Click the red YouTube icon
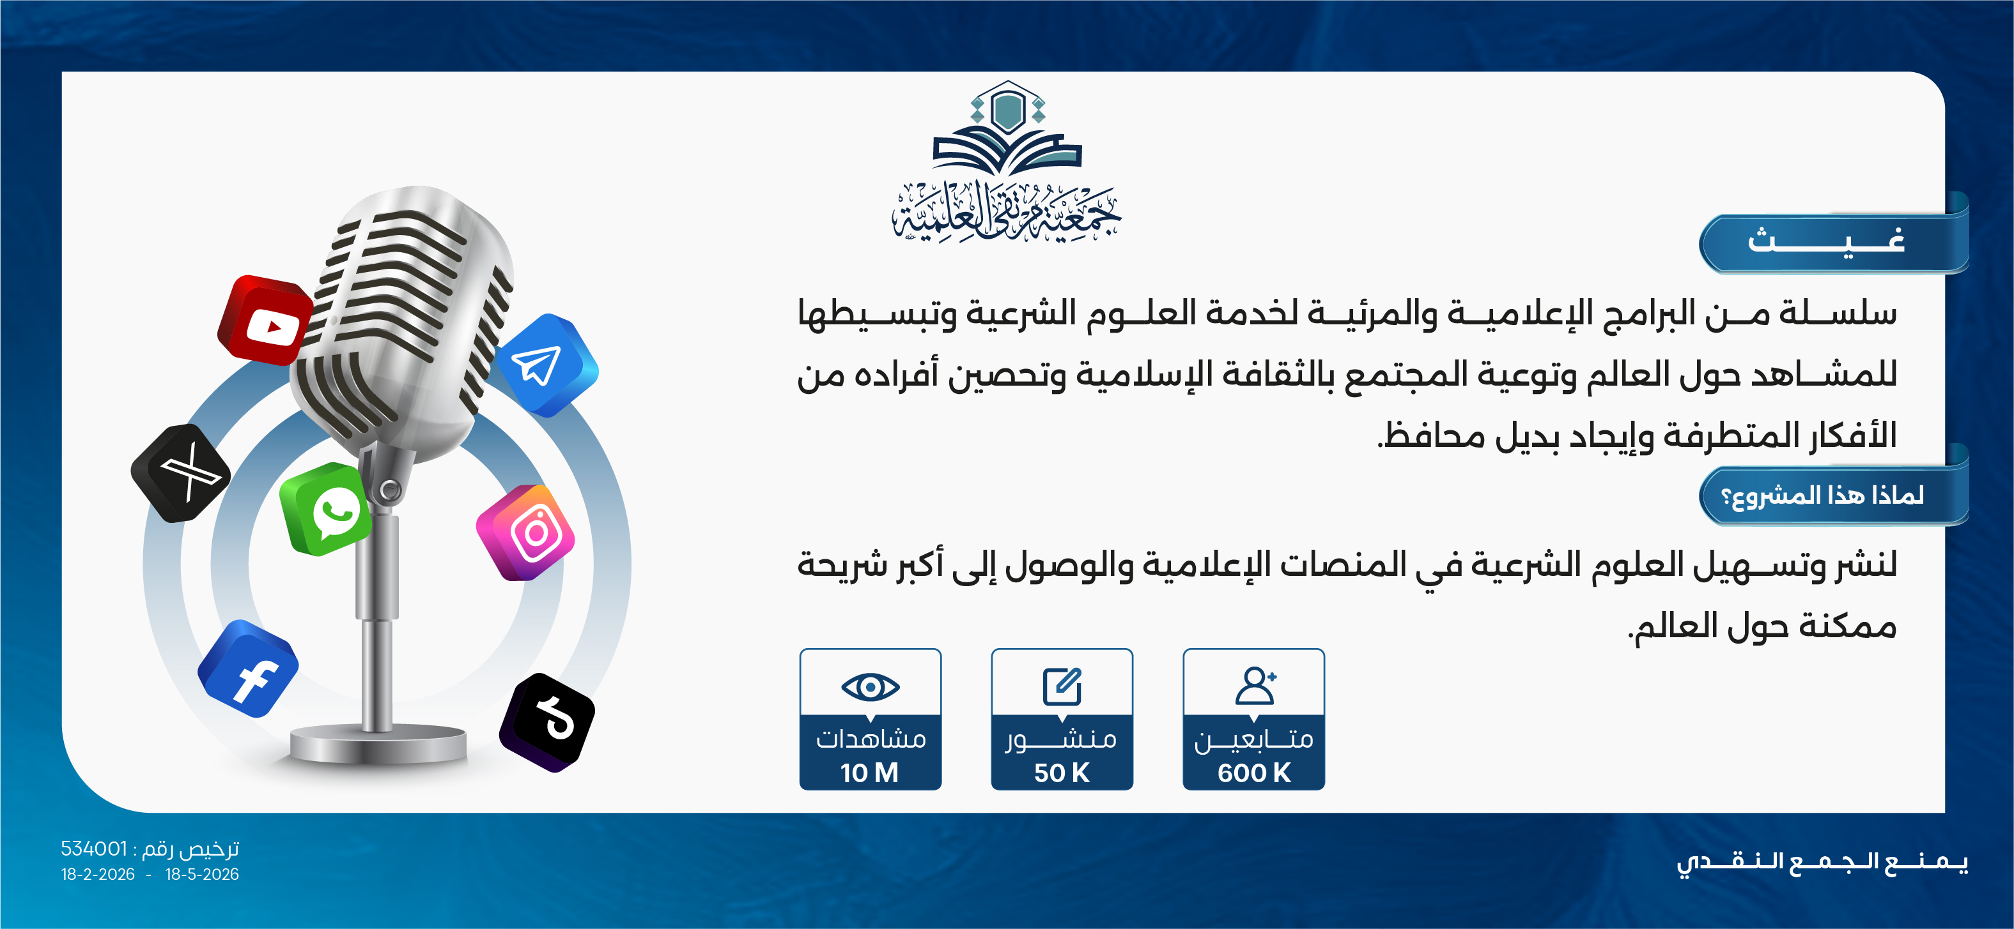[x=266, y=321]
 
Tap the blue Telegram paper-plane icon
[x=546, y=365]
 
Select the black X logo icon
[x=182, y=472]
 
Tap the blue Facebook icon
[x=249, y=669]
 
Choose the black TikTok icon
[x=547, y=722]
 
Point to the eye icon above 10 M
[x=870, y=687]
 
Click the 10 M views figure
[x=869, y=773]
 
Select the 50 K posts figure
[x=1062, y=773]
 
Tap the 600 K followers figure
[x=1254, y=773]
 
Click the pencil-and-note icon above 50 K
[x=1062, y=686]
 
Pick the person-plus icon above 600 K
[x=1255, y=685]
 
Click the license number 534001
[x=94, y=849]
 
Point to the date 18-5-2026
[x=202, y=874]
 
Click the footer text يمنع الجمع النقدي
[x=1822, y=862]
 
